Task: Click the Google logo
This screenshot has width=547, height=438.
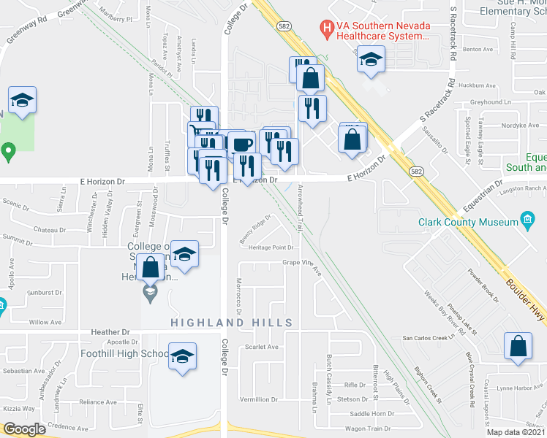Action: point(23,429)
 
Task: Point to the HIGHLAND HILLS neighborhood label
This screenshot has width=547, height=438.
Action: point(231,323)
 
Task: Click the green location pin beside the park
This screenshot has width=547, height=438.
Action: point(8,153)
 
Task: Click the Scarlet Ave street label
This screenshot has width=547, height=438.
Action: point(262,347)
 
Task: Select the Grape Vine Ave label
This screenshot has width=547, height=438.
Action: point(301,264)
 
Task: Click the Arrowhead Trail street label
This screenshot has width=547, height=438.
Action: point(300,208)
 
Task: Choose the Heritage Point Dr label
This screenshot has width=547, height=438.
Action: point(270,247)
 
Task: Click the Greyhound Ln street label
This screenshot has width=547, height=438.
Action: point(487,102)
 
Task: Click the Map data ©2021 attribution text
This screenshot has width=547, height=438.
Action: point(516,432)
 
